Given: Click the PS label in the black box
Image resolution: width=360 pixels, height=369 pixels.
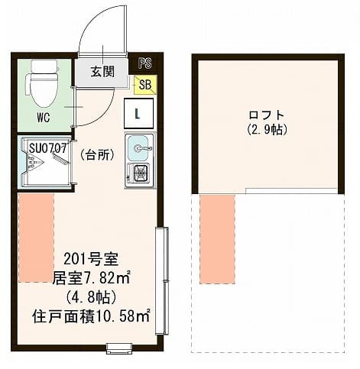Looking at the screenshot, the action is [145, 63].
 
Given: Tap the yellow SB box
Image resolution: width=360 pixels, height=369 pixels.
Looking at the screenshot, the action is [145, 85].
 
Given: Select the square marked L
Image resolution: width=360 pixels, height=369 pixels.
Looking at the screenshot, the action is [138, 113].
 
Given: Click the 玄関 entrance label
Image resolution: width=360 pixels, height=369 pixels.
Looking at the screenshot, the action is [102, 72].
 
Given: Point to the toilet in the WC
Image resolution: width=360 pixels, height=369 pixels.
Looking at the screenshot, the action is [42, 83].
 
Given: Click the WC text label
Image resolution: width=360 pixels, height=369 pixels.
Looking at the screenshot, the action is [44, 118].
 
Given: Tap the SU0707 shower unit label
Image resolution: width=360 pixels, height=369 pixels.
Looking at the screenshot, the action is [48, 148].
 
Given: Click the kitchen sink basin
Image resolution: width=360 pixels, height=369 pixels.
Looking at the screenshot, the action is [138, 148].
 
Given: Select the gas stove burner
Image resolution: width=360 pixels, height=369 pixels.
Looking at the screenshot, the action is [140, 173].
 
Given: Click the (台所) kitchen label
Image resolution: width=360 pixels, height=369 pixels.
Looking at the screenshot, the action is [97, 154].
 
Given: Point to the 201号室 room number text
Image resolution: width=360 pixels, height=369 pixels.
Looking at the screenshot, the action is [91, 260].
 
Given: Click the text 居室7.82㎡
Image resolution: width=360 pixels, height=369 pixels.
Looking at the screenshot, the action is [92, 278].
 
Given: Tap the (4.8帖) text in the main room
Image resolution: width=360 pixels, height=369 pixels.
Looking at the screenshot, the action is [91, 297].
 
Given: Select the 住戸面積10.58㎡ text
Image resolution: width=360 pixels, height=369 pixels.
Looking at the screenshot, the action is [91, 316].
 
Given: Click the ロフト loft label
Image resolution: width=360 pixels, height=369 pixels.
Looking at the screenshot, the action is [267, 115].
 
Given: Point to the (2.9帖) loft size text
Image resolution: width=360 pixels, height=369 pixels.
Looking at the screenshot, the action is [268, 130].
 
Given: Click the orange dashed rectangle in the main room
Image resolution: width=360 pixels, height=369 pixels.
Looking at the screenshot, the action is [36, 238].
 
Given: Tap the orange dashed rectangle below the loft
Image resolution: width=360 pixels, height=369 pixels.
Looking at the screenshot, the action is [217, 239].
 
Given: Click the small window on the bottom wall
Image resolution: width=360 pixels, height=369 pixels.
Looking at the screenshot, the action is [119, 348].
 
